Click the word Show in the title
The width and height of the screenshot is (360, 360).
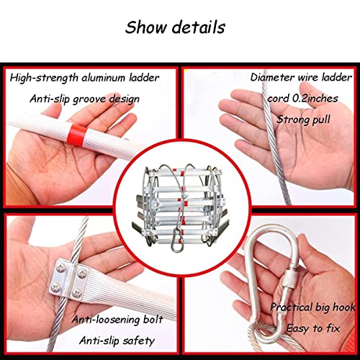point(146,27)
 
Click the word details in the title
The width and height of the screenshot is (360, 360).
point(199,27)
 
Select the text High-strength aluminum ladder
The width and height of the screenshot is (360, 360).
point(84,78)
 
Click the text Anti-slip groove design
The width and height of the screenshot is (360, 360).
point(84,99)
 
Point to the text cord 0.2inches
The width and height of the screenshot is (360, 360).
point(302,99)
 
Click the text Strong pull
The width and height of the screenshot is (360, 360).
point(303,120)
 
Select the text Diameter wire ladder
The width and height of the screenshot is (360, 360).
point(301,78)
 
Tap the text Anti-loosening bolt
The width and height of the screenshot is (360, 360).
point(117,320)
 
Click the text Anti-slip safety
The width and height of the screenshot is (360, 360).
point(117,341)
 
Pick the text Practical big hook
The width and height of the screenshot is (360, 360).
point(312,307)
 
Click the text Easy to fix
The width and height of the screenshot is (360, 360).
point(313,328)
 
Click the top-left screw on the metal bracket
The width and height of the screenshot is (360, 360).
point(60,266)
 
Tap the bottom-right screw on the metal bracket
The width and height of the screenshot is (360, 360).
point(77,293)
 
